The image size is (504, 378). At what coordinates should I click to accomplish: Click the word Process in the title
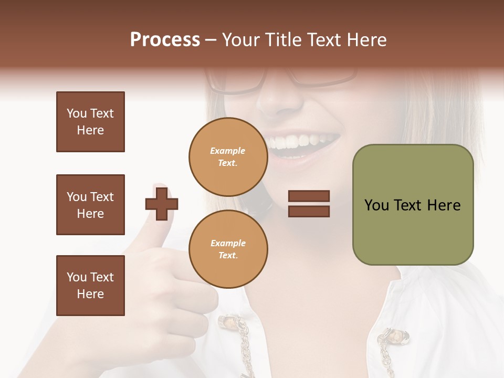point(165,40)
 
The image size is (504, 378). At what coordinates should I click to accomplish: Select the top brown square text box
point(90,122)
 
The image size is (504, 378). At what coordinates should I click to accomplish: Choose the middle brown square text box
point(90,205)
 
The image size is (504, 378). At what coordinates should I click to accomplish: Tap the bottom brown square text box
point(90,286)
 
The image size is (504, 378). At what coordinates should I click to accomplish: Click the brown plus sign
point(162,203)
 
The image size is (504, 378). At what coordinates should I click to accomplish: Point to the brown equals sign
point(309,204)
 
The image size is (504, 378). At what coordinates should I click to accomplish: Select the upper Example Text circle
point(228,157)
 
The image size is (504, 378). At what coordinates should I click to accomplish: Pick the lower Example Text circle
point(228,249)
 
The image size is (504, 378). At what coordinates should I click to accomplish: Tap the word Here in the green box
point(444,205)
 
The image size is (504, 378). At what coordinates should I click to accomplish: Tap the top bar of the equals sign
point(309,196)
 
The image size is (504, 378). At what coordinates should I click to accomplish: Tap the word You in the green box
point(376,205)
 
